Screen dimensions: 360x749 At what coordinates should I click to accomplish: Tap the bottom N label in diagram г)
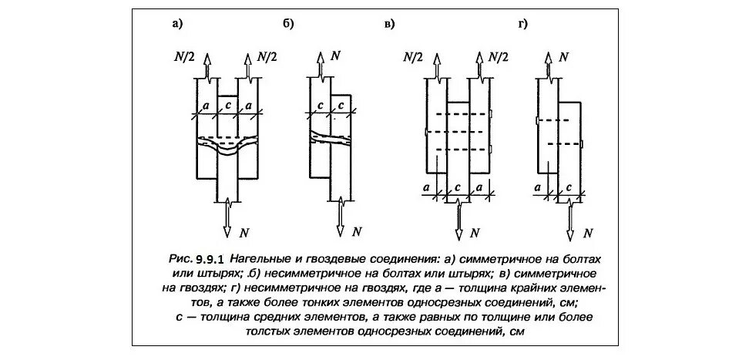pos(588,232)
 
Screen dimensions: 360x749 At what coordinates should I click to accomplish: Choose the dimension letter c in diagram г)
pos(569,187)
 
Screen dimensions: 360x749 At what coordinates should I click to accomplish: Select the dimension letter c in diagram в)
pos(458,187)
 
